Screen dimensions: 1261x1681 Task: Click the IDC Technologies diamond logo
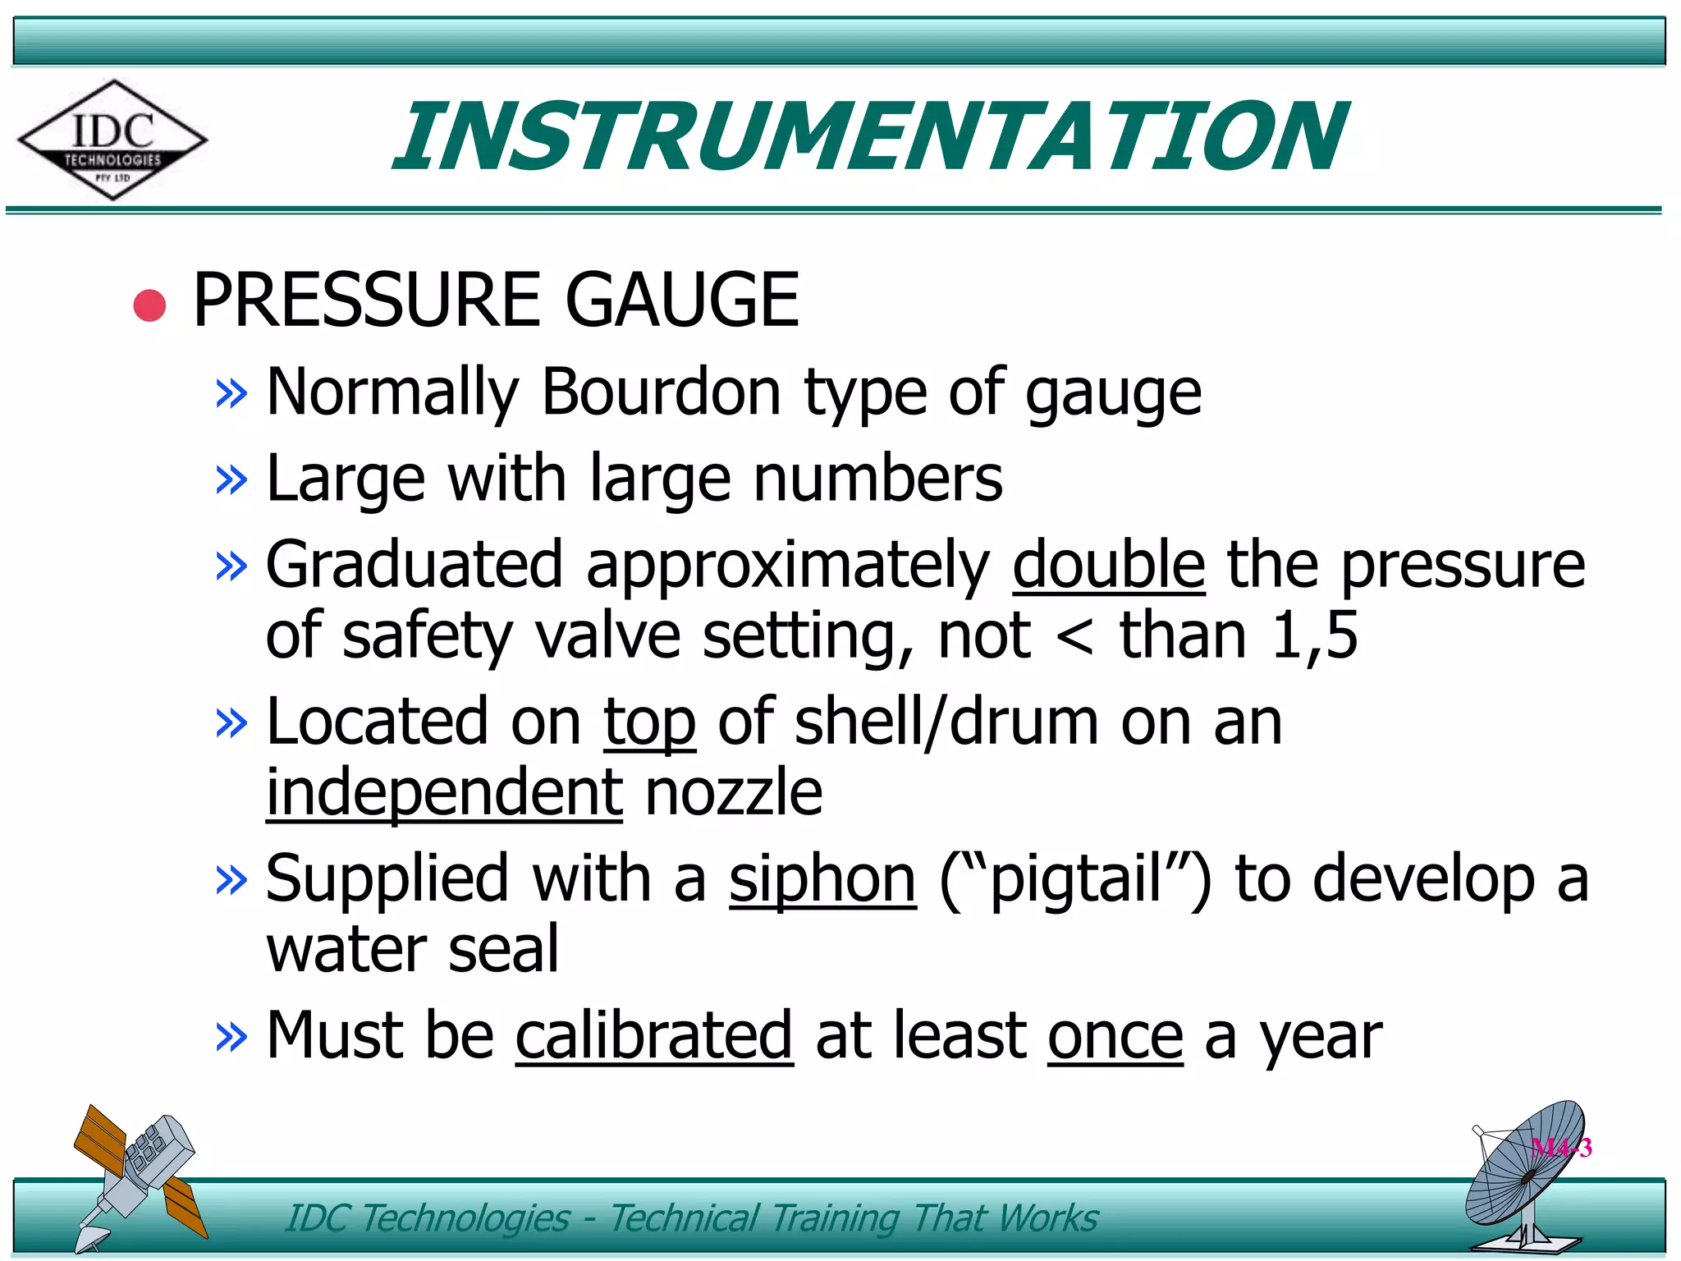pyautogui.click(x=112, y=140)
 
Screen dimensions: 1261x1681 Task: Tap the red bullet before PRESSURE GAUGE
pyautogui.click(x=149, y=305)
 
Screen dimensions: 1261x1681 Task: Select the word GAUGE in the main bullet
pyautogui.click(x=681, y=300)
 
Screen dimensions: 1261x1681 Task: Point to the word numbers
pyautogui.click(x=877, y=479)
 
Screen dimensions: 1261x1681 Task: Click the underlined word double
pyautogui.click(x=1108, y=565)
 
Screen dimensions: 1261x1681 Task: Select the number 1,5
pyautogui.click(x=1314, y=635)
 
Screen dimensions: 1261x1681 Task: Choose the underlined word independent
pyautogui.click(x=444, y=793)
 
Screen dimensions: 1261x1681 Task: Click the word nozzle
pyautogui.click(x=734, y=793)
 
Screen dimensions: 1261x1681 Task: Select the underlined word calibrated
pyautogui.click(x=654, y=1036)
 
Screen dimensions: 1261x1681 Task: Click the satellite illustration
pyautogui.click(x=135, y=1174)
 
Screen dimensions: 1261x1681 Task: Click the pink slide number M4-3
pyautogui.click(x=1561, y=1148)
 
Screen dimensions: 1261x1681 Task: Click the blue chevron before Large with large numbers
pyautogui.click(x=231, y=479)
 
